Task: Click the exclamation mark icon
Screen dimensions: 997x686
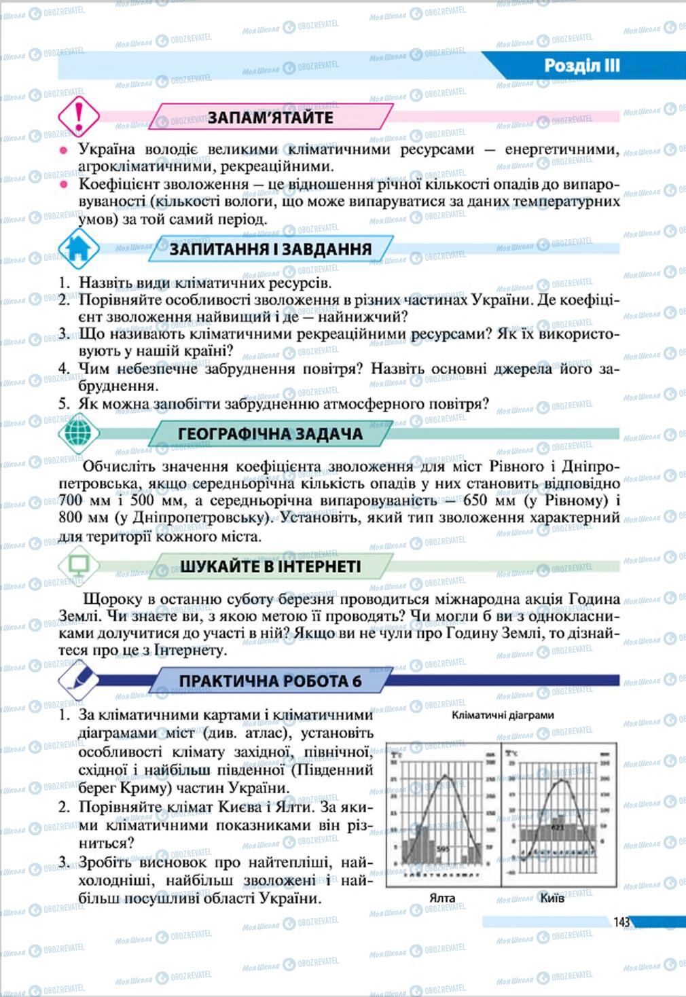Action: [x=79, y=116]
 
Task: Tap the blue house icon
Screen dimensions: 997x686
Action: [x=78, y=249]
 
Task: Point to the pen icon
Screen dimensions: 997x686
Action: [x=78, y=680]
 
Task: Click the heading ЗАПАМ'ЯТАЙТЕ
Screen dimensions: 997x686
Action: [x=270, y=117]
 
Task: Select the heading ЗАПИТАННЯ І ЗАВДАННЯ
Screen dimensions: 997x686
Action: [x=270, y=249]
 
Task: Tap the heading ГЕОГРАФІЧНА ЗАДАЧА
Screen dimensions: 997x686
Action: [x=270, y=434]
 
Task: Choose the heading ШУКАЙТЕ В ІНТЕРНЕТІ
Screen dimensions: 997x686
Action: [x=270, y=566]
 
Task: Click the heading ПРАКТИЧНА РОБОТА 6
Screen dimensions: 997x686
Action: [x=270, y=681]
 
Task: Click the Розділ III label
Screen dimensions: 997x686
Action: [x=582, y=66]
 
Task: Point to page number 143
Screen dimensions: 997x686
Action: [x=621, y=922]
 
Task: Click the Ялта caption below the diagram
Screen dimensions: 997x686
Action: [x=442, y=898]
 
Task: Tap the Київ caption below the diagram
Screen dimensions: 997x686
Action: [x=552, y=898]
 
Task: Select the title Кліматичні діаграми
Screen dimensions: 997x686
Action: [x=503, y=715]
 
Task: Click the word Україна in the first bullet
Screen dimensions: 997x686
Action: [x=107, y=149]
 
